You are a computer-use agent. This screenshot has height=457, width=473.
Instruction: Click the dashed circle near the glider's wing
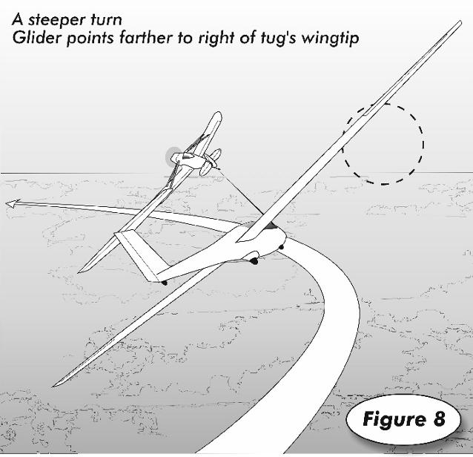tap(383, 143)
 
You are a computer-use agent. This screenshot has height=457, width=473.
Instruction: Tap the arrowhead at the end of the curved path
tap(11, 203)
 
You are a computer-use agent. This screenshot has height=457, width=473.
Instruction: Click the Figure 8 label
tap(403, 419)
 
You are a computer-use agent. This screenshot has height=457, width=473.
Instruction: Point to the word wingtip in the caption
tap(328, 38)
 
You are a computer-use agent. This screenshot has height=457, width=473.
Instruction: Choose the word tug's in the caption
tap(268, 38)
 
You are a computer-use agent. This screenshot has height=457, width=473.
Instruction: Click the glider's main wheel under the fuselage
tap(254, 260)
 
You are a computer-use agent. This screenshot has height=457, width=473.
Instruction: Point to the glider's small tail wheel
tap(164, 282)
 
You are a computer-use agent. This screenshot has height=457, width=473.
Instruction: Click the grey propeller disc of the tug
tap(176, 157)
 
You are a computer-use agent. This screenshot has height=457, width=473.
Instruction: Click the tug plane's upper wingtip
tap(216, 116)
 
